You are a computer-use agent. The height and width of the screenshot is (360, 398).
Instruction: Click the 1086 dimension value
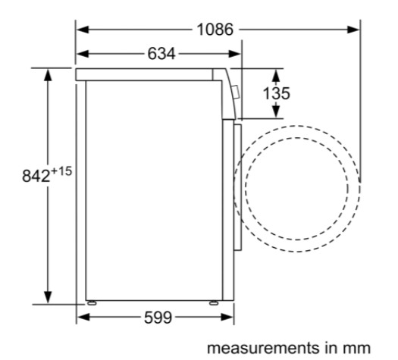coord(215,30)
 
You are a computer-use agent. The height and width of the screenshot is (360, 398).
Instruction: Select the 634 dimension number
coord(161,54)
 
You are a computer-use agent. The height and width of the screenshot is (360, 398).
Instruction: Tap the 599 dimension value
coord(158,318)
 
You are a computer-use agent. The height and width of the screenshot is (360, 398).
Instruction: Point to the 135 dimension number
coord(276,93)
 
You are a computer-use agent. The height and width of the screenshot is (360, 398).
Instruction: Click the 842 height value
coord(36,176)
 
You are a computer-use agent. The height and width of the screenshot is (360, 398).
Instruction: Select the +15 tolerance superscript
coord(61,171)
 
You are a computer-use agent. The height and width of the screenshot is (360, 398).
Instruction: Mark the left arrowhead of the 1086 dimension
coord(83,30)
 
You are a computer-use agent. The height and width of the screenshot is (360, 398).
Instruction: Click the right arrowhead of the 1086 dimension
coord(353,30)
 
